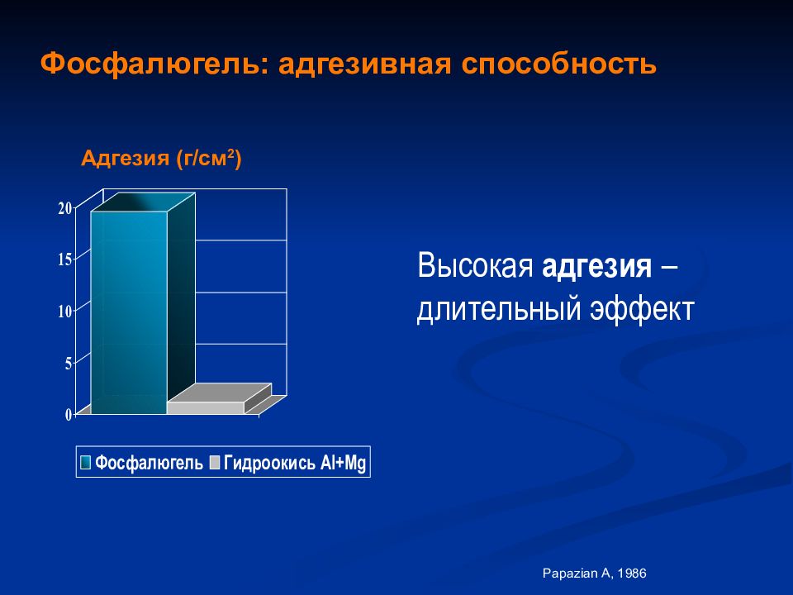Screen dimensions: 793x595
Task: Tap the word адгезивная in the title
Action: (x=364, y=65)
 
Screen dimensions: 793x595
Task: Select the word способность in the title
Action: (x=558, y=64)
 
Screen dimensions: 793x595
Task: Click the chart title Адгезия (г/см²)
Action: (x=161, y=159)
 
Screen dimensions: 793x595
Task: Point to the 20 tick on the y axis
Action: (x=65, y=208)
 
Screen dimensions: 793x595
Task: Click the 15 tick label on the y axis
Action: (x=65, y=259)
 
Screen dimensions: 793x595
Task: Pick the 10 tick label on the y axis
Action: (x=65, y=312)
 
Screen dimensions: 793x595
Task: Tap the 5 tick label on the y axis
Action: (x=69, y=363)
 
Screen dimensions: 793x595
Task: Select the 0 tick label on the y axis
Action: (x=69, y=414)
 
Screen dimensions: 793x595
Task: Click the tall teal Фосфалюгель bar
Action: (x=130, y=312)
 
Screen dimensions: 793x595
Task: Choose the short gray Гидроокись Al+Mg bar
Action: (x=206, y=407)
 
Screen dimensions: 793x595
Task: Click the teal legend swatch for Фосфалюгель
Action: (x=85, y=462)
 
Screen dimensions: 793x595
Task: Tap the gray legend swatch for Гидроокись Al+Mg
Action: (x=215, y=462)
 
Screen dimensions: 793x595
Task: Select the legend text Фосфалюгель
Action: (x=149, y=463)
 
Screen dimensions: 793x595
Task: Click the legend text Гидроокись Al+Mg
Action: (x=295, y=463)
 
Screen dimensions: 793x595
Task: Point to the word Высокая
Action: (x=476, y=264)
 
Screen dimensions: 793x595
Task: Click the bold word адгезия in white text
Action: (x=596, y=266)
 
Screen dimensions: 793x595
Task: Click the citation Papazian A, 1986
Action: (x=594, y=574)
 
